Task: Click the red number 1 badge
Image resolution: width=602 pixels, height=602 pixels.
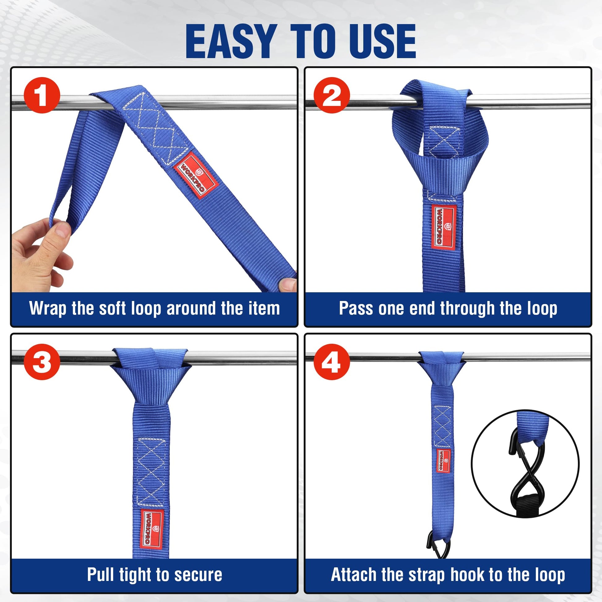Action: pyautogui.click(x=42, y=95)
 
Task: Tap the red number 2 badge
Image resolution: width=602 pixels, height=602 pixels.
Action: pyautogui.click(x=332, y=95)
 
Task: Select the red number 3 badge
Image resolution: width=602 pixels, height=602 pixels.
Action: pyautogui.click(x=42, y=362)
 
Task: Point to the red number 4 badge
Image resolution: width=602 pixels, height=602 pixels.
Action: pyautogui.click(x=332, y=362)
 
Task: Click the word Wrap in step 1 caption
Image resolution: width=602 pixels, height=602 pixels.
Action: pyautogui.click(x=47, y=308)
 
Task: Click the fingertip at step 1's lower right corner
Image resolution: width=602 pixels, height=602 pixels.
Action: pyautogui.click(x=287, y=284)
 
